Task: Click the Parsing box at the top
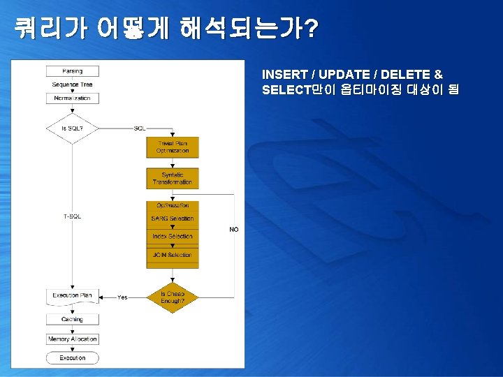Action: [73, 71]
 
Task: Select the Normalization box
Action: [73, 98]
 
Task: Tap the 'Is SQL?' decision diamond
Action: [73, 128]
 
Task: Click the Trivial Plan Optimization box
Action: [173, 147]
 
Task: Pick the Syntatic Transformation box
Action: [173, 178]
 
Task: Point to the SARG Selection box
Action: [173, 219]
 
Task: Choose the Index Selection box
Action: [173, 237]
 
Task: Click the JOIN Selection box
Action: [173, 255]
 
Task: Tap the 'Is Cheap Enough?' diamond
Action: [173, 297]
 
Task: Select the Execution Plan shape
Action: [73, 296]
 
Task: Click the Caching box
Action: [73, 319]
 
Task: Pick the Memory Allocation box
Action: [73, 339]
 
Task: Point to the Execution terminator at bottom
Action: [73, 358]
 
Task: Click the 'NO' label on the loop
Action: [234, 230]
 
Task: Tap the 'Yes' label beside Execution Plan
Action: [122, 297]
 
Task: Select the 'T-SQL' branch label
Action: [73, 216]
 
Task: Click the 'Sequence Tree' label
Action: [72, 84]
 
